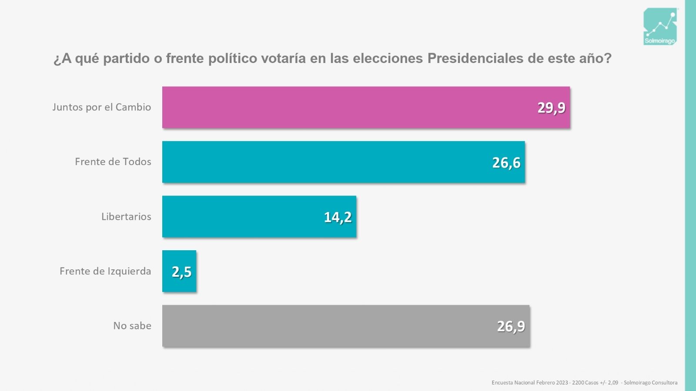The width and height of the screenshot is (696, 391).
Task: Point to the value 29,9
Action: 551,107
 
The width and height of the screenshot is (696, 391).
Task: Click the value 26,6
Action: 506,162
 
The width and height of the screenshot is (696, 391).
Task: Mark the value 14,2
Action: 338,217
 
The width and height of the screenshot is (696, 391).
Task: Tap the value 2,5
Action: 181,272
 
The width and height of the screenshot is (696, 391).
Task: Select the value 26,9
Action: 511,326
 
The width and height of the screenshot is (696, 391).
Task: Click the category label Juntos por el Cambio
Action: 102,107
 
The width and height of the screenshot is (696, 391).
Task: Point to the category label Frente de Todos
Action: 113,162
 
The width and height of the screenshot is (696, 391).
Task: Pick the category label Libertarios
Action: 126,216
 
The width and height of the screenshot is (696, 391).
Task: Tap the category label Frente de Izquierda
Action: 105,271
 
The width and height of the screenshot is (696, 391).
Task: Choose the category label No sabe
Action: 132,326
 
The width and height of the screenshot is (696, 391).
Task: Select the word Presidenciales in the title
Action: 475,58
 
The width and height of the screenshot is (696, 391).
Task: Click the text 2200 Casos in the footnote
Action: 585,383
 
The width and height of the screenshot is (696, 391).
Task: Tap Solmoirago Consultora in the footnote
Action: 650,383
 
